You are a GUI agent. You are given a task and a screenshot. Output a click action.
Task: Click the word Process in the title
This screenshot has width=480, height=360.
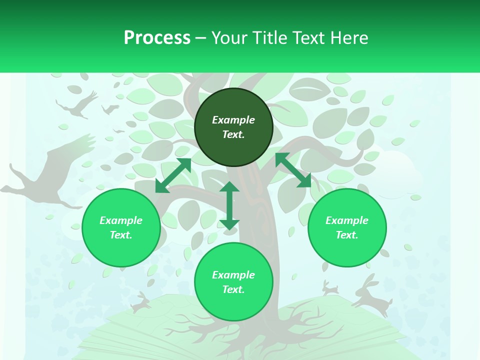(157, 38)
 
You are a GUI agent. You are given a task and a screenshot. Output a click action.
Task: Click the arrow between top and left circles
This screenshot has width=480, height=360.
(173, 175)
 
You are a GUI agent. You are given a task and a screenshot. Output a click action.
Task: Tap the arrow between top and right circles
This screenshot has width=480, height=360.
(293, 170)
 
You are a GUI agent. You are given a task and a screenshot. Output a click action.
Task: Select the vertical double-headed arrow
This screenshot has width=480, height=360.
(229, 205)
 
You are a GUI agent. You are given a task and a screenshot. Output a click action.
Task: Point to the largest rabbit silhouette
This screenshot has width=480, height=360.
(372, 295)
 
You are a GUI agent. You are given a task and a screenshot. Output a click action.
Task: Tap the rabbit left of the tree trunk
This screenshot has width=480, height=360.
(141, 301)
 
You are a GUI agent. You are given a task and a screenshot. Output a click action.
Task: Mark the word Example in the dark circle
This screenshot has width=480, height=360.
(233, 120)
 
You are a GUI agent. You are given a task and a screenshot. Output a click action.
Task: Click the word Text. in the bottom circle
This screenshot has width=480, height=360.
(233, 289)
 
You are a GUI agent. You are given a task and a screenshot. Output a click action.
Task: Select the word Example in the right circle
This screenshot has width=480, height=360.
(347, 220)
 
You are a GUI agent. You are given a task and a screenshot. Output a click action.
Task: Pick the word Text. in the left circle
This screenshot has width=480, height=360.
(121, 235)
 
